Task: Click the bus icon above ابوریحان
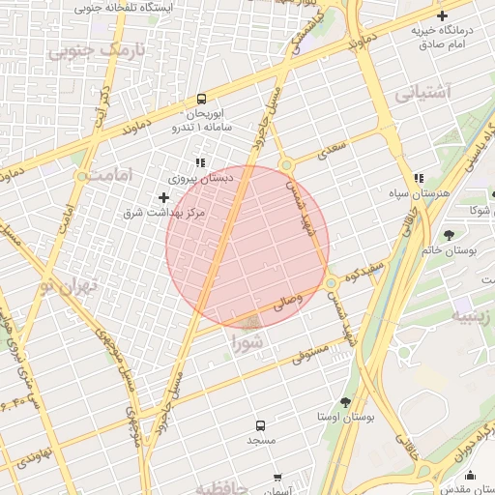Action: [201, 99]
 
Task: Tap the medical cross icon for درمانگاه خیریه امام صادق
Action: [442, 15]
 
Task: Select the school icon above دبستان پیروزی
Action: [200, 163]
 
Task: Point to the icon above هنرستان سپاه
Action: [419, 179]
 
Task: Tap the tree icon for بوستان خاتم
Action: [448, 234]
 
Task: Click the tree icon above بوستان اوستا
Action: [346, 401]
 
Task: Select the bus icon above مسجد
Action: [259, 425]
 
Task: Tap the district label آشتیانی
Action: [423, 94]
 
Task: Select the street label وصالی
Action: [287, 302]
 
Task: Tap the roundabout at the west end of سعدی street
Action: [286, 165]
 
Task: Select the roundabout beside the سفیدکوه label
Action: [332, 282]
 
